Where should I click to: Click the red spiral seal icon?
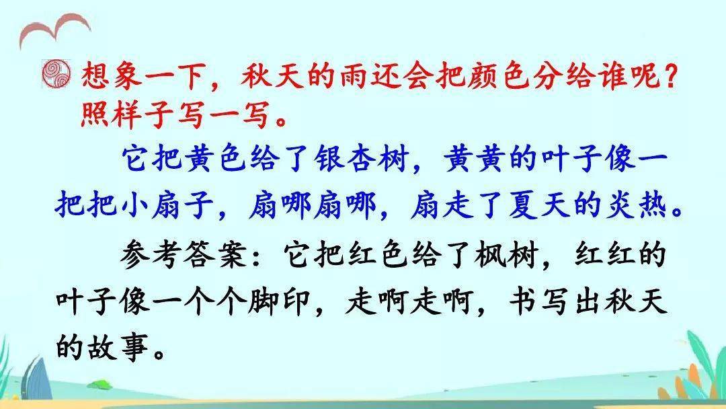click(56, 74)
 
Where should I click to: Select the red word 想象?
click(112, 75)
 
